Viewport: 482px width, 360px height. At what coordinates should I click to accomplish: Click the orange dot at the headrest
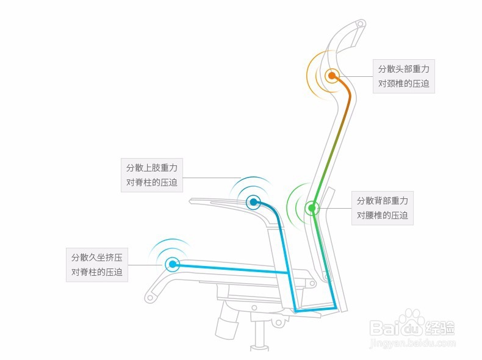[332, 76]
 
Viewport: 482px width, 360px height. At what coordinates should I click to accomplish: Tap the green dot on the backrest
[312, 208]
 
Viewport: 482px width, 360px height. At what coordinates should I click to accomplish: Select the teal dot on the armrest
[253, 201]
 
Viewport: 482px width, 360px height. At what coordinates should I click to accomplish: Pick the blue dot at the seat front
[173, 264]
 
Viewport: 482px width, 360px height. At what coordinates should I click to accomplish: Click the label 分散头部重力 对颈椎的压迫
[403, 76]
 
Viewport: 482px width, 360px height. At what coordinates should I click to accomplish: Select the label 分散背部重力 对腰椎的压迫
[383, 208]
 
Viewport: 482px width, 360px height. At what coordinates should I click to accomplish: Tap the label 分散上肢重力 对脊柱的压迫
[152, 175]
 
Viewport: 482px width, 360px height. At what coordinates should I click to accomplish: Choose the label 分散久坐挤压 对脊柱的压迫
[96, 264]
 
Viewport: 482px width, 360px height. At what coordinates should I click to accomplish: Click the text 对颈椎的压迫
[403, 84]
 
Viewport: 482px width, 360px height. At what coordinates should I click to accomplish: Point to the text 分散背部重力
[383, 201]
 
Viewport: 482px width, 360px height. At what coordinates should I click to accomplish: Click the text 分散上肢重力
[152, 167]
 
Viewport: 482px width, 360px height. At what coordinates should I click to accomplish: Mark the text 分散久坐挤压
[96, 257]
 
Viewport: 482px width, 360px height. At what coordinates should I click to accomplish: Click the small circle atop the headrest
[360, 25]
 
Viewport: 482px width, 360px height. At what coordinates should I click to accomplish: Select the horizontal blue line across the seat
[232, 269]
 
